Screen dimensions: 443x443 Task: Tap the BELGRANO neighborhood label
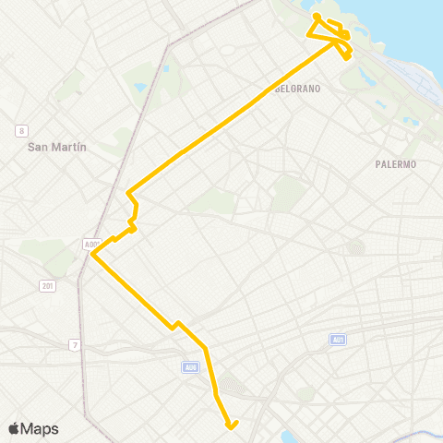297,89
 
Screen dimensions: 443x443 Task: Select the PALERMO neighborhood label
396,164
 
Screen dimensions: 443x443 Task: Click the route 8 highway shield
22,130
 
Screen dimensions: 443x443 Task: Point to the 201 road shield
48,286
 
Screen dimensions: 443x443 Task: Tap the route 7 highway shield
73,344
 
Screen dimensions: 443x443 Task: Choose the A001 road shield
90,245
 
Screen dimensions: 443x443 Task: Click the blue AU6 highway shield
190,367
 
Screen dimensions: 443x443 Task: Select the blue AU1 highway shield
338,340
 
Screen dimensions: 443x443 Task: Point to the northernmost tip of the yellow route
316,16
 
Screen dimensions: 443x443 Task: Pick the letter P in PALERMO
377,164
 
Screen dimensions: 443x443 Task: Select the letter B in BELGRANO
278,89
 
